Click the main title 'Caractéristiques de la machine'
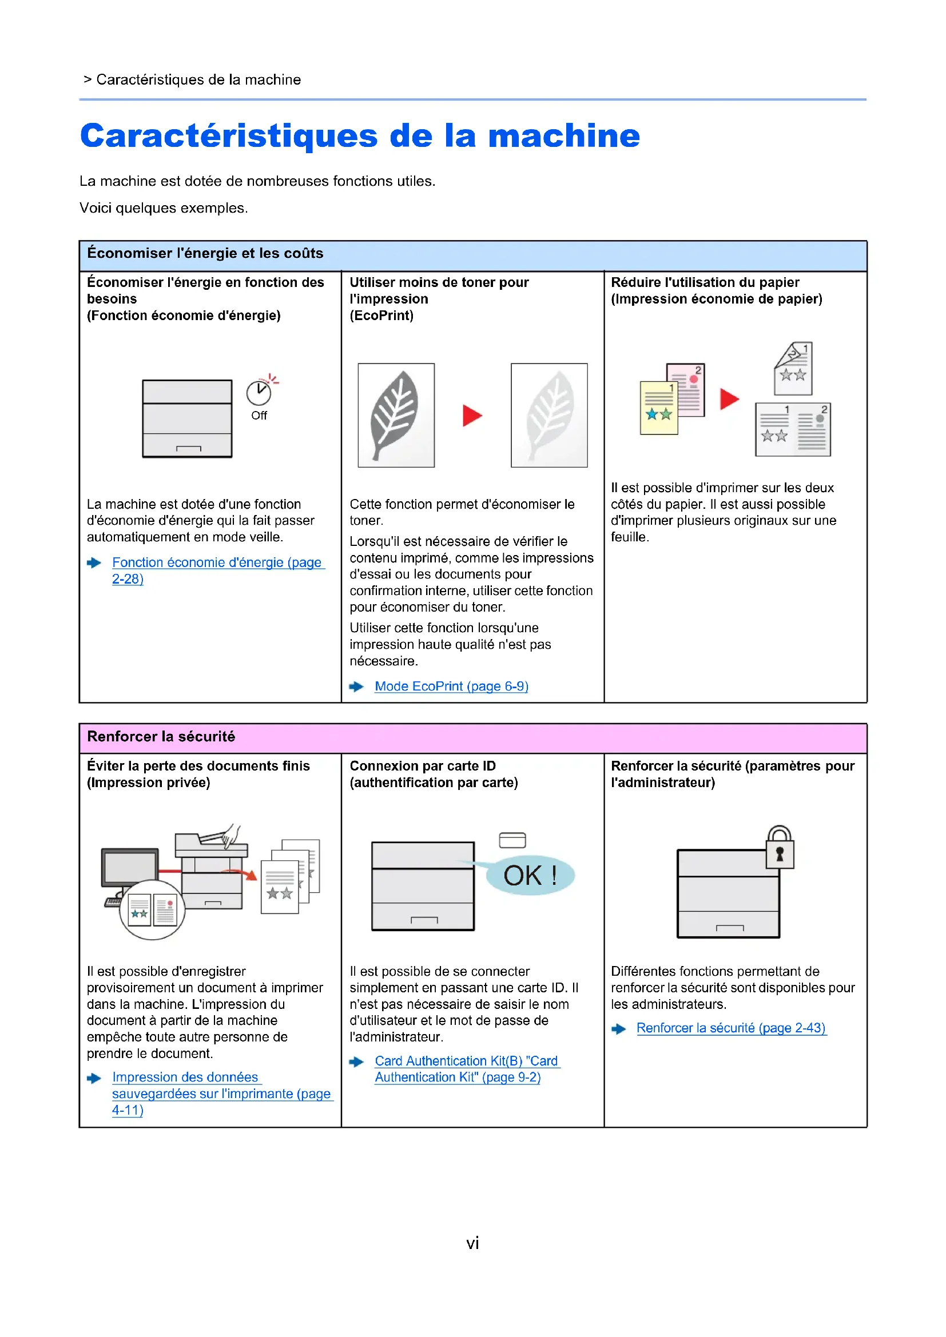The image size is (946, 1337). [x=359, y=135]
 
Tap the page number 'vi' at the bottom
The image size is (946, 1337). [x=472, y=1243]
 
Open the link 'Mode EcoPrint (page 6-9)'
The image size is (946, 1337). [x=451, y=687]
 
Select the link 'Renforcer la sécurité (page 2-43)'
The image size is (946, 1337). [x=730, y=1028]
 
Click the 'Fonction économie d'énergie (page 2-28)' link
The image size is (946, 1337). [x=217, y=563]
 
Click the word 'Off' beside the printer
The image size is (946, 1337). [x=259, y=416]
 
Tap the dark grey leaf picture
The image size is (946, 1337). [x=396, y=415]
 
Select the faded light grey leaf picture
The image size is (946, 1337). [x=548, y=415]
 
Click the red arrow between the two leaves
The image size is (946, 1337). [x=472, y=416]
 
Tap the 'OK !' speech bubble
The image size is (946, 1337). [x=531, y=876]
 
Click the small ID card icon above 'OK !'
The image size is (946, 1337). [x=512, y=840]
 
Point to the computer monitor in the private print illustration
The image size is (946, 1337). [x=130, y=868]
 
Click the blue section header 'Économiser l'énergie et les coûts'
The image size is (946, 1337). [x=205, y=253]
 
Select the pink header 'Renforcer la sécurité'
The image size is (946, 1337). [x=161, y=737]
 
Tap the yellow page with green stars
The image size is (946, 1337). [x=659, y=408]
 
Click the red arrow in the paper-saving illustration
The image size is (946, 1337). [x=729, y=400]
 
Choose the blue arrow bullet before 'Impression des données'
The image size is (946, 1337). [x=94, y=1079]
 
